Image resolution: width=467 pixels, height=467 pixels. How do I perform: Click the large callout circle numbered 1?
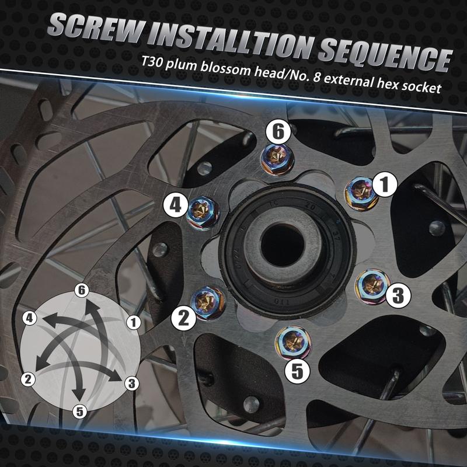385,184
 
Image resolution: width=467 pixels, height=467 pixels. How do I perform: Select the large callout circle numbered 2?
183,318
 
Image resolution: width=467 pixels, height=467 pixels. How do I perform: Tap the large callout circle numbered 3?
398,295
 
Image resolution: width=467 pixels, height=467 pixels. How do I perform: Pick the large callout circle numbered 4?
176,205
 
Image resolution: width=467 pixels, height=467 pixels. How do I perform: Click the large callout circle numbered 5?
297,371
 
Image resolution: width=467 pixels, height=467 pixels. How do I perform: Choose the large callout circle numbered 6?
278,132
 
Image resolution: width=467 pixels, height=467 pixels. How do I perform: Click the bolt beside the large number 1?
361,193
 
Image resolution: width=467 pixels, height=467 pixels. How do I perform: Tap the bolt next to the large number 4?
203,213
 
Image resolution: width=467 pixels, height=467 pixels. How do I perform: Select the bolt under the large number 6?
277,160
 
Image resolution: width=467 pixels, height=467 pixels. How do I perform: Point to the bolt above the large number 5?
293,343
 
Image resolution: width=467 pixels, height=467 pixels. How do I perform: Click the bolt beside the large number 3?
372,285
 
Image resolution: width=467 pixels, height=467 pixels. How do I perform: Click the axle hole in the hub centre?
282,245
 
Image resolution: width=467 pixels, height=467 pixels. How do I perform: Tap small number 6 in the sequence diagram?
82,290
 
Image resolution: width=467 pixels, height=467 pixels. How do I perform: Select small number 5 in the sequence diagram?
79,412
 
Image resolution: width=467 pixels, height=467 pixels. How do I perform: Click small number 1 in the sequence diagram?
134,322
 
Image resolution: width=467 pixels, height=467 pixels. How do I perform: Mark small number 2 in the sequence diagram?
28,379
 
